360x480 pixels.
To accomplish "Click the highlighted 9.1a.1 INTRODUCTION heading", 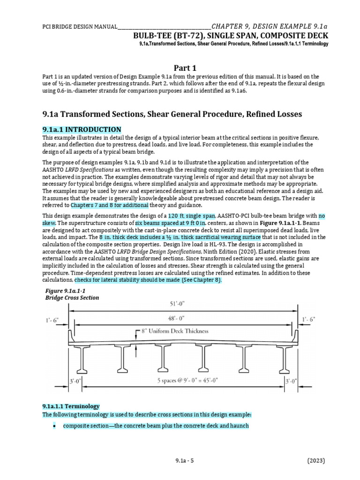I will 82,129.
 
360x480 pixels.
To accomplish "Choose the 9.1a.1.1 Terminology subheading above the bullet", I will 71,406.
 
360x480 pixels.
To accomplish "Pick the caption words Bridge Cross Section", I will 72,298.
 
